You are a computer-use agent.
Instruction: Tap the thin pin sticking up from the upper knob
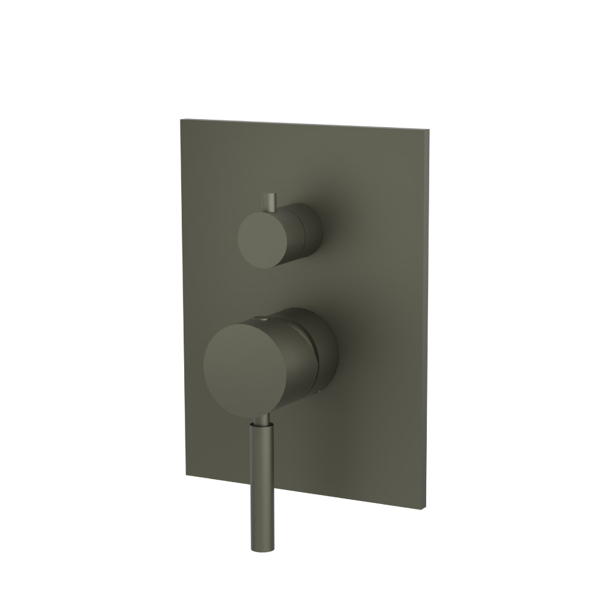pyautogui.click(x=269, y=202)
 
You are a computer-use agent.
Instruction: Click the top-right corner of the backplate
pyautogui.click(x=431, y=128)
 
